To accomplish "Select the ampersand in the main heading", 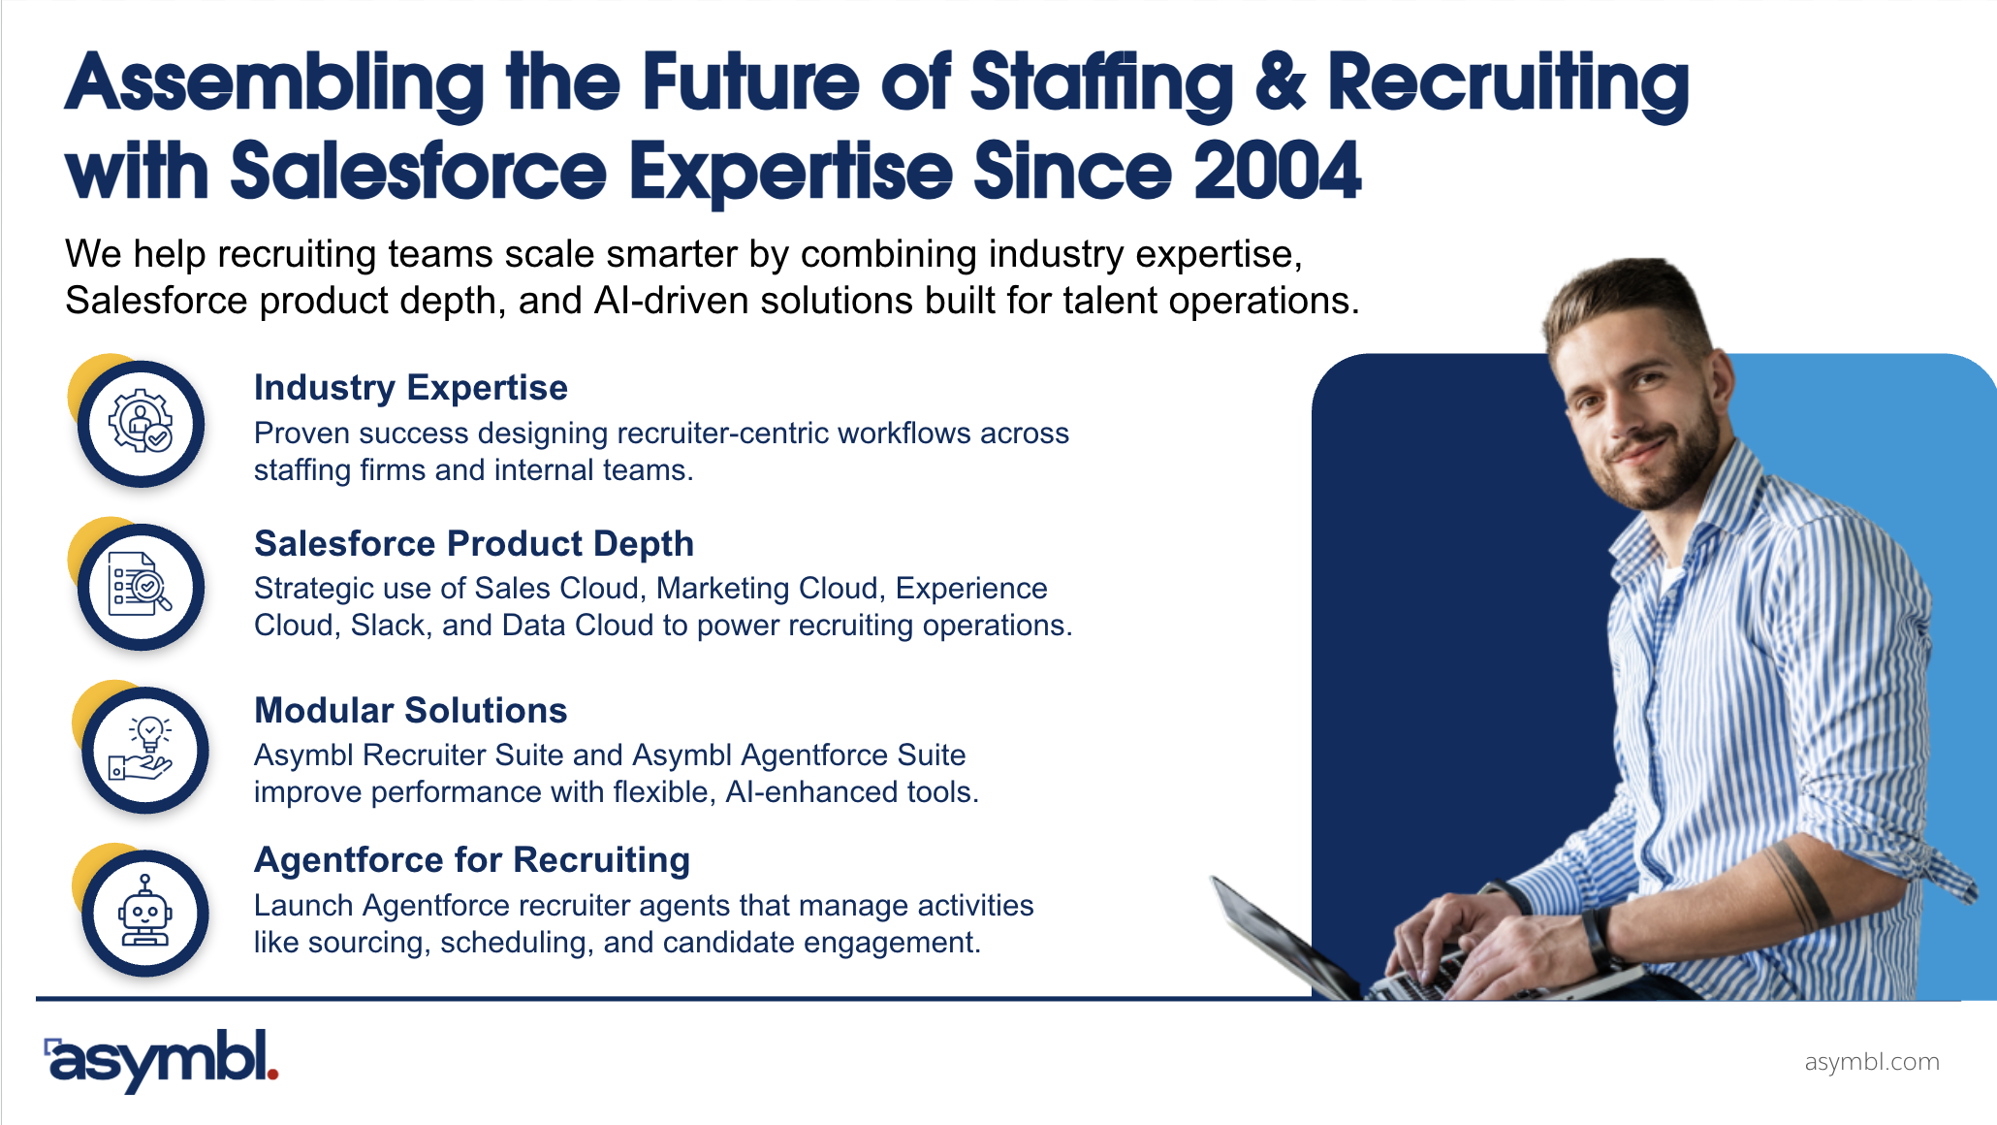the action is [1281, 81].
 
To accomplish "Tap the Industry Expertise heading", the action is [411, 388].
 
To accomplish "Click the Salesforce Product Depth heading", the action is [474, 544].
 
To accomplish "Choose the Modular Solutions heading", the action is [410, 710].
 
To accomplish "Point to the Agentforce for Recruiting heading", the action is [472, 860].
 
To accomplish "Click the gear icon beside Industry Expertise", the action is [141, 422].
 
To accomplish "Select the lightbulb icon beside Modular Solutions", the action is [143, 748].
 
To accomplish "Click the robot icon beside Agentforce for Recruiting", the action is [144, 911].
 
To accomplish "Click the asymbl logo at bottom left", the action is [161, 1061].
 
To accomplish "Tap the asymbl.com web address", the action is [1872, 1062].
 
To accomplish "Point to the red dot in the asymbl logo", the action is [272, 1073].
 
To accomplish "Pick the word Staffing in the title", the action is [1101, 85].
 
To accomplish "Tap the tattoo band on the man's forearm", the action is [1793, 883].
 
